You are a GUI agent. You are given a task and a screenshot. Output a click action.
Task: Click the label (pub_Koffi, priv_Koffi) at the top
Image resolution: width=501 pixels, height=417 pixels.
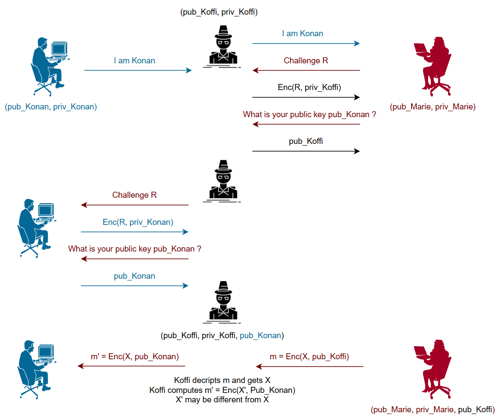[219, 12]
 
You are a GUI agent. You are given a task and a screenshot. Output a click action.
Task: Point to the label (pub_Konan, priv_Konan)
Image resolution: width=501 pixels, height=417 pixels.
[51, 107]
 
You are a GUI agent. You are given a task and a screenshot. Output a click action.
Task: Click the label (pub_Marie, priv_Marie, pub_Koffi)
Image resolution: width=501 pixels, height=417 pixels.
[433, 410]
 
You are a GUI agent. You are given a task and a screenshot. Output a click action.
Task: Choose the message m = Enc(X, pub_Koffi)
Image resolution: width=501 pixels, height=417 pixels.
[309, 357]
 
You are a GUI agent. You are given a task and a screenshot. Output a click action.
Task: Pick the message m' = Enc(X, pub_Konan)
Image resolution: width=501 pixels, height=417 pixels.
[135, 357]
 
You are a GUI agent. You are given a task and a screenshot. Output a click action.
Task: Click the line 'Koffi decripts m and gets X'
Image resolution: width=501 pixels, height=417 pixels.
[222, 380]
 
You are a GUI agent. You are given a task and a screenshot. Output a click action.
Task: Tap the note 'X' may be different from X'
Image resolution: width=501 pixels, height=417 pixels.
[222, 399]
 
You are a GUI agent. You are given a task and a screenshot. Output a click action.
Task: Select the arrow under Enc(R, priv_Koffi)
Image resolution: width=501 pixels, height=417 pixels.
[306, 97]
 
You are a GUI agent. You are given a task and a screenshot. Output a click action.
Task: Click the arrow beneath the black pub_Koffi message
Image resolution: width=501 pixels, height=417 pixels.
[306, 151]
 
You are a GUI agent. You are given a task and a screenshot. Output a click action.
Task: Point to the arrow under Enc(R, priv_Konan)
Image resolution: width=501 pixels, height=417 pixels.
[135, 232]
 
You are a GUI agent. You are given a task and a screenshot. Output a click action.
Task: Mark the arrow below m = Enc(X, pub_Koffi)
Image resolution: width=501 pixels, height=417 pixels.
[309, 367]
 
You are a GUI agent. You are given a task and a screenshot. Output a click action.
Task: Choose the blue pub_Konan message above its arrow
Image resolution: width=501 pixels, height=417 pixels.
[134, 276]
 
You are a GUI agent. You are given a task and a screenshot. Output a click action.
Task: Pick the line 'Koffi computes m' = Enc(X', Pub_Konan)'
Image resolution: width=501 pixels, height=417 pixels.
[222, 390]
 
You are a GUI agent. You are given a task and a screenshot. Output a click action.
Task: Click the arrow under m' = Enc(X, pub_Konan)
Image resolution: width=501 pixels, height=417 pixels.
[131, 367]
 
